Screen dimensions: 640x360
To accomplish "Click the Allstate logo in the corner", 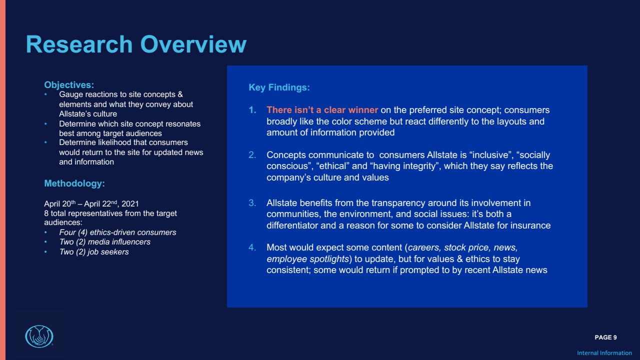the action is click(39, 336).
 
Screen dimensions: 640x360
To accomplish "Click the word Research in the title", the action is click(79, 44).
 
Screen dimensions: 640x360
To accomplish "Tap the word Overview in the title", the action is click(193, 44).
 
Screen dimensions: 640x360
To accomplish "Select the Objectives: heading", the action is click(69, 85).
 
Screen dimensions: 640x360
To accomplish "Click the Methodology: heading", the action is click(74, 183).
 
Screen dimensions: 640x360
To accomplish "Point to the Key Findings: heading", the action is click(279, 87).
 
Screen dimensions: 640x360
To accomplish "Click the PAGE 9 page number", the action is click(605, 337).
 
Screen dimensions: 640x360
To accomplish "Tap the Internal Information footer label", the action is click(604, 353).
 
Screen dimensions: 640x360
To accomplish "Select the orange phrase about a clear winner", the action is click(322, 110).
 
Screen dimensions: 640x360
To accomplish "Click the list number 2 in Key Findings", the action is click(252, 155).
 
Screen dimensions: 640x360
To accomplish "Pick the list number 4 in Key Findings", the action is click(252, 247).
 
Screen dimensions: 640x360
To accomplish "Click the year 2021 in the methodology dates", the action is click(130, 203).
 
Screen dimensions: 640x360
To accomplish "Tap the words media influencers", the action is click(119, 242).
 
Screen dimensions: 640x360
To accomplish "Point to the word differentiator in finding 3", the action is click(292, 225).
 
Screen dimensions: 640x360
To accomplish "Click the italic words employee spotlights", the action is click(307, 259).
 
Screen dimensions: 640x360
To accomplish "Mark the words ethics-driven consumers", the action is click(133, 232).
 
